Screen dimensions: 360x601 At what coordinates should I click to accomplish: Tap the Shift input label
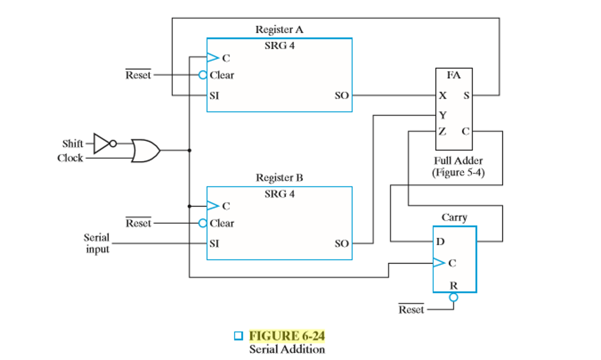pyautogui.click(x=73, y=144)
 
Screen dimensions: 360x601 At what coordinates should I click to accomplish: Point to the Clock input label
pyautogui.click(x=70, y=158)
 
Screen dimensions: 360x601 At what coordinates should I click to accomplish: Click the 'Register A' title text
pyautogui.click(x=279, y=30)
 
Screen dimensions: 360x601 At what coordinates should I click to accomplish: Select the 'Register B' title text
pyautogui.click(x=279, y=178)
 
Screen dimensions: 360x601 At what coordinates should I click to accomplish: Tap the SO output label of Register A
pyautogui.click(x=342, y=96)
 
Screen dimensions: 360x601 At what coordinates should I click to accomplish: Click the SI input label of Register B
pyautogui.click(x=214, y=244)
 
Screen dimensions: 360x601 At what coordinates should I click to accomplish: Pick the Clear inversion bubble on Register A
pyautogui.click(x=203, y=75)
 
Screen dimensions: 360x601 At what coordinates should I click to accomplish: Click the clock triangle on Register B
pyautogui.click(x=213, y=206)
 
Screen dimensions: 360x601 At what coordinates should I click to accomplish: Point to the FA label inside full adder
pyautogui.click(x=454, y=75)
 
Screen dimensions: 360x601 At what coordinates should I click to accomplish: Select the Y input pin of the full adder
pyautogui.click(x=443, y=115)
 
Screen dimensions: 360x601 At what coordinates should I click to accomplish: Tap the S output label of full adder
pyautogui.click(x=466, y=96)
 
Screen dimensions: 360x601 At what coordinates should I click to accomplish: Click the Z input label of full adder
pyautogui.click(x=442, y=131)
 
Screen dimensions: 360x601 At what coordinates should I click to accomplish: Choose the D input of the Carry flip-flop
pyautogui.click(x=440, y=242)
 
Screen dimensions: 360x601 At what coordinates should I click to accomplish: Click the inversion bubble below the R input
pyautogui.click(x=453, y=297)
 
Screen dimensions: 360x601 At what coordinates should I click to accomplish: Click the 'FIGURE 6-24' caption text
pyautogui.click(x=287, y=336)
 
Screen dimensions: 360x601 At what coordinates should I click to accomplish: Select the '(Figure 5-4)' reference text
pyautogui.click(x=458, y=173)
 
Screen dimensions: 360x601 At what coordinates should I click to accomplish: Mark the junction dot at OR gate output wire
pyautogui.click(x=189, y=150)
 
